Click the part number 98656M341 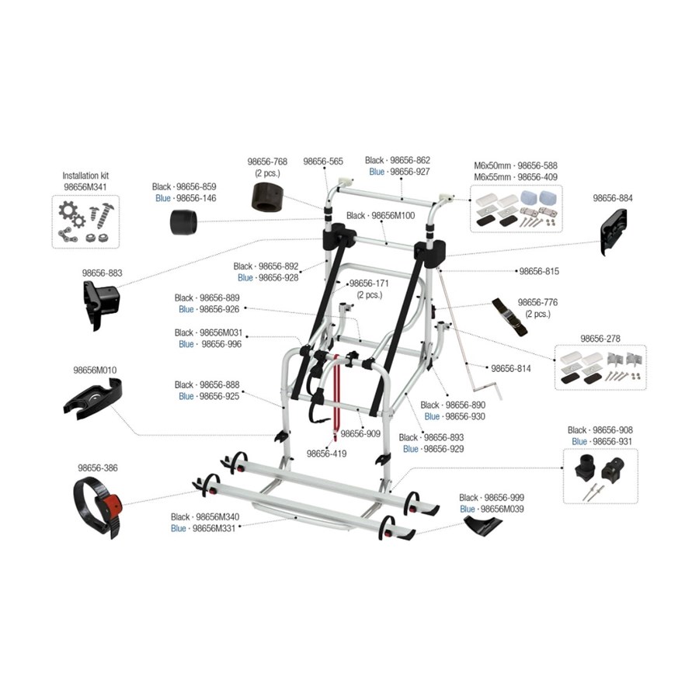pyautogui.click(x=85, y=186)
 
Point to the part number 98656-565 pyautogui.click(x=323, y=162)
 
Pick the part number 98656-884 pyautogui.click(x=613, y=198)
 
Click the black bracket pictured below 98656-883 pyautogui.click(x=101, y=306)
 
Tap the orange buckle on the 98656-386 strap pyautogui.click(x=113, y=505)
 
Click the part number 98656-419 pyautogui.click(x=326, y=454)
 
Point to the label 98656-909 pyautogui.click(x=360, y=433)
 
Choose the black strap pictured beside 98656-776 pyautogui.click(x=509, y=317)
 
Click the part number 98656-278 pyautogui.click(x=600, y=339)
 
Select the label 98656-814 pyautogui.click(x=511, y=369)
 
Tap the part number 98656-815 pyautogui.click(x=539, y=271)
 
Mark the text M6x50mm pyautogui.click(x=492, y=166)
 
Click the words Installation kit pyautogui.click(x=85, y=176)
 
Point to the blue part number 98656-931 pyautogui.click(x=612, y=442)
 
